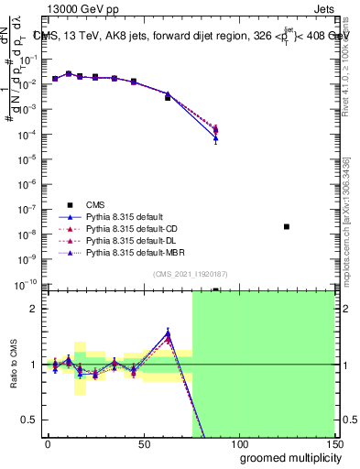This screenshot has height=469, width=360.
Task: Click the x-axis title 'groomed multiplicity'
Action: [x=286, y=457]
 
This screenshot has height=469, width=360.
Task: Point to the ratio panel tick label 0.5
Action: [x=30, y=420]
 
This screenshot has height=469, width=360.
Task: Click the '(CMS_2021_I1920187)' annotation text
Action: [x=190, y=274]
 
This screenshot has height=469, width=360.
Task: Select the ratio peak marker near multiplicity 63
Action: [x=168, y=334]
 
